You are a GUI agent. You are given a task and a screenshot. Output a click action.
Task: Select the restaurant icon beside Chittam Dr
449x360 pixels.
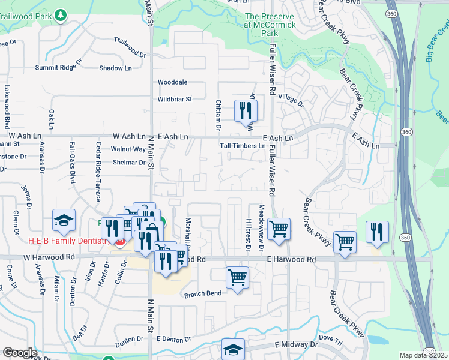click(245, 110)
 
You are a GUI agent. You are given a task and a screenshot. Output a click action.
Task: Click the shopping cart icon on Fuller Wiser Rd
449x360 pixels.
click(279, 229)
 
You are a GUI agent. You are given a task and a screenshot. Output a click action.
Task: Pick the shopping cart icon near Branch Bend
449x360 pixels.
click(238, 278)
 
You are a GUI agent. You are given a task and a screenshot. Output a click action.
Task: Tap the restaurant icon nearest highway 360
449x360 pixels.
click(376, 232)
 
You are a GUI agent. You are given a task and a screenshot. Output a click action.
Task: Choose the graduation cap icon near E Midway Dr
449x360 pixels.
click(234, 350)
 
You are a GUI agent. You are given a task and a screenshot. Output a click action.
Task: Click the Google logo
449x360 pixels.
click(20, 353)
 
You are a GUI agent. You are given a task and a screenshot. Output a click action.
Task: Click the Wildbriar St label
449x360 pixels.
click(175, 99)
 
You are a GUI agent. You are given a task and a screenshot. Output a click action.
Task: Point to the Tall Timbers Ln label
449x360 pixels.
click(242, 146)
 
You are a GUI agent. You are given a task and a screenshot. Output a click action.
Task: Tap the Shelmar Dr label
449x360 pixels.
click(129, 163)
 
